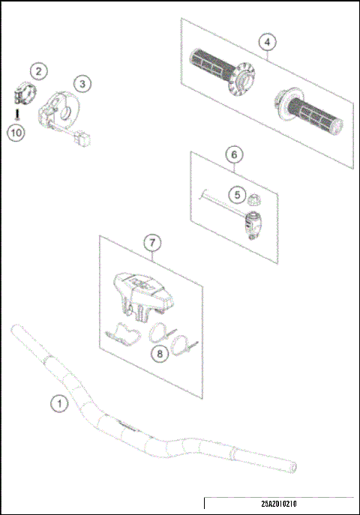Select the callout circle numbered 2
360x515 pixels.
39,73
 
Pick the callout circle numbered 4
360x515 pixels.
265,42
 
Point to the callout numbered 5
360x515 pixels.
236,194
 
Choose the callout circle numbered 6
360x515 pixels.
233,154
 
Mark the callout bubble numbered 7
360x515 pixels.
152,243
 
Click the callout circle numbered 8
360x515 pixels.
159,354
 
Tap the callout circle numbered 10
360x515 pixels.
16,133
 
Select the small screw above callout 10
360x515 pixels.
16,115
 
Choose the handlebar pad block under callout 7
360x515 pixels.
143,290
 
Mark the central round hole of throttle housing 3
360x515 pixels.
67,113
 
